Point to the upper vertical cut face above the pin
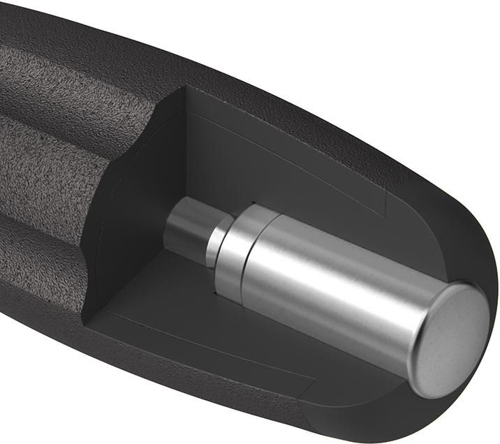293,161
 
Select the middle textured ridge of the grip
49,168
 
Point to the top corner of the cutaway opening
186,91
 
